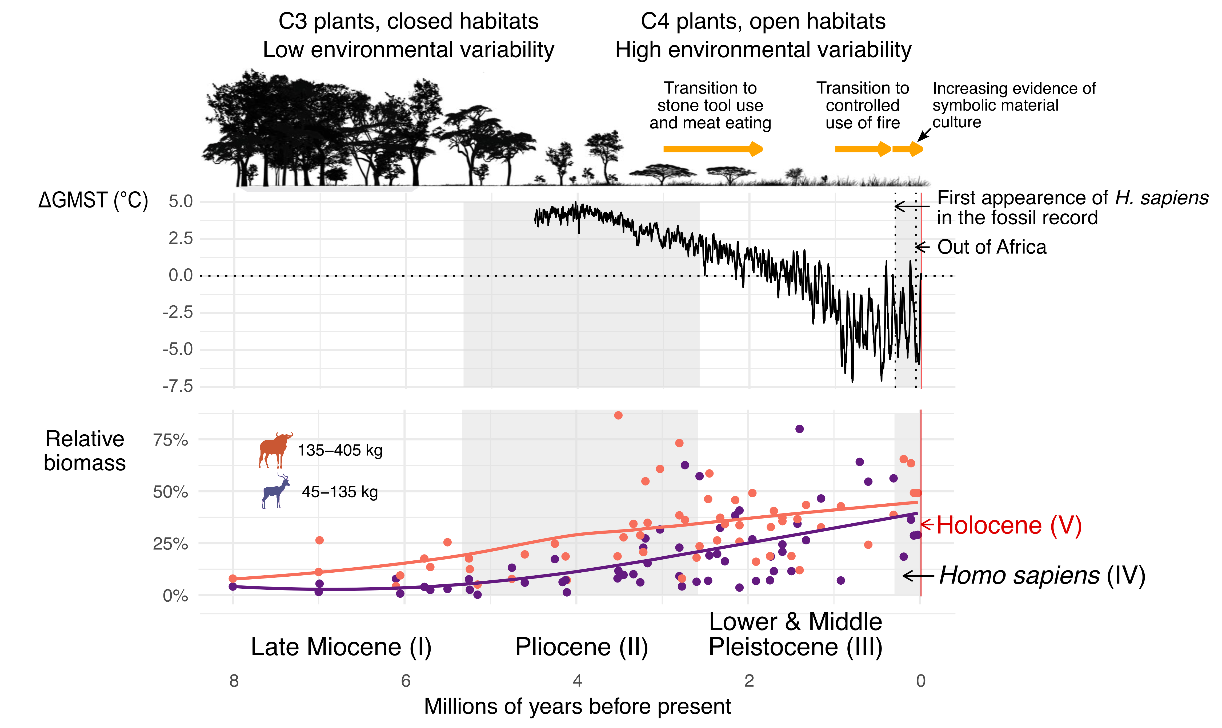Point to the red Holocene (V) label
[x=1008, y=525]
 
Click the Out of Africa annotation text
[x=991, y=247]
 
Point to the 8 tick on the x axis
[x=234, y=681]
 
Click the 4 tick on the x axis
[x=577, y=681]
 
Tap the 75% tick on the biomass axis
[x=170, y=440]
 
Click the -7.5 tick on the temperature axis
[x=178, y=387]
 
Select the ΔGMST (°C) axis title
[x=93, y=201]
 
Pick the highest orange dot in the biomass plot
[x=618, y=415]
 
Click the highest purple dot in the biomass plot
[x=799, y=429]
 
